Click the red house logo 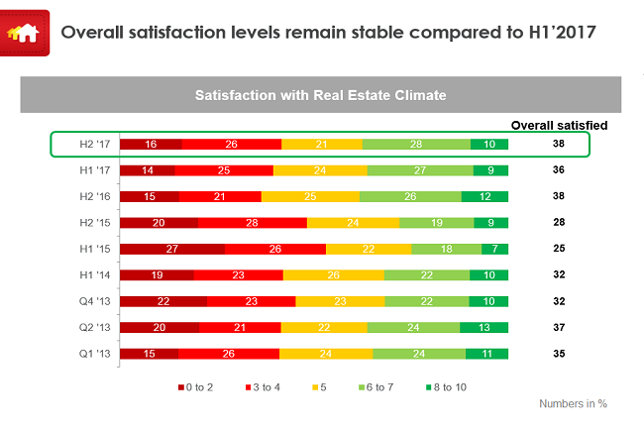point(24,32)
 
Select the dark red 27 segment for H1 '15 point(172,249)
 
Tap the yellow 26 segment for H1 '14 point(333,274)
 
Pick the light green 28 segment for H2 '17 point(416,145)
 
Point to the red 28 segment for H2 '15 point(252,223)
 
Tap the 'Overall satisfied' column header point(559,125)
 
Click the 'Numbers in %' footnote point(573,404)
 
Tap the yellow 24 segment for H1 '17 point(320,170)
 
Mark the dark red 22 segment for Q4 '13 point(163,300)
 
